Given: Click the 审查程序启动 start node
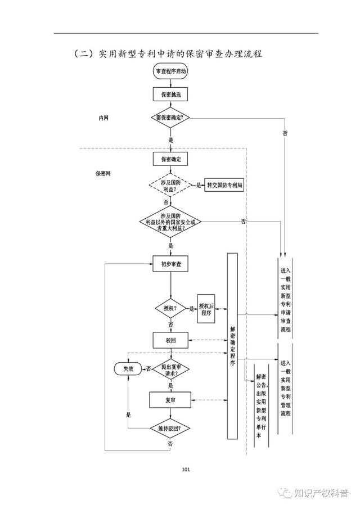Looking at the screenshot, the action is tap(170, 71).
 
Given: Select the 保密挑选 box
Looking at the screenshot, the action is tap(170, 94).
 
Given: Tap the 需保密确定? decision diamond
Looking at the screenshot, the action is tap(170, 118).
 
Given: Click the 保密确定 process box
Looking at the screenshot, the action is tap(170, 159).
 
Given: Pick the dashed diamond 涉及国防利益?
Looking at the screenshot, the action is tap(170, 186).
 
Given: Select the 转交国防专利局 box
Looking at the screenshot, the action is tap(224, 185).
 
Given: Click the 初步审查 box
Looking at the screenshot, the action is tap(171, 264).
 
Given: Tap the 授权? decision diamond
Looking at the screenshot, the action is tap(170, 308).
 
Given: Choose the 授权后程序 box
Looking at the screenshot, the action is tap(206, 309).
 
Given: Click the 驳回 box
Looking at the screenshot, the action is tap(171, 340).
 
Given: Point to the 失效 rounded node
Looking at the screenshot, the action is tap(128, 369).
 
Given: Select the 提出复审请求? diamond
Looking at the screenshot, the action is tap(171, 370).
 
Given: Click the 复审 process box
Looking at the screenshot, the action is tap(170, 400).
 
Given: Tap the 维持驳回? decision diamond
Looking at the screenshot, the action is tap(170, 429).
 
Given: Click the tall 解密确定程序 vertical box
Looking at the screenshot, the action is tap(232, 346).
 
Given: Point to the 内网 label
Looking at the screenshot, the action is tap(103, 118).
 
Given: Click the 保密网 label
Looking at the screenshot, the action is tap(103, 173).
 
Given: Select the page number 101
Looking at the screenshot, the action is tap(186, 469).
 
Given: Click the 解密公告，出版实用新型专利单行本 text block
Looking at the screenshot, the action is tap(261, 406).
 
